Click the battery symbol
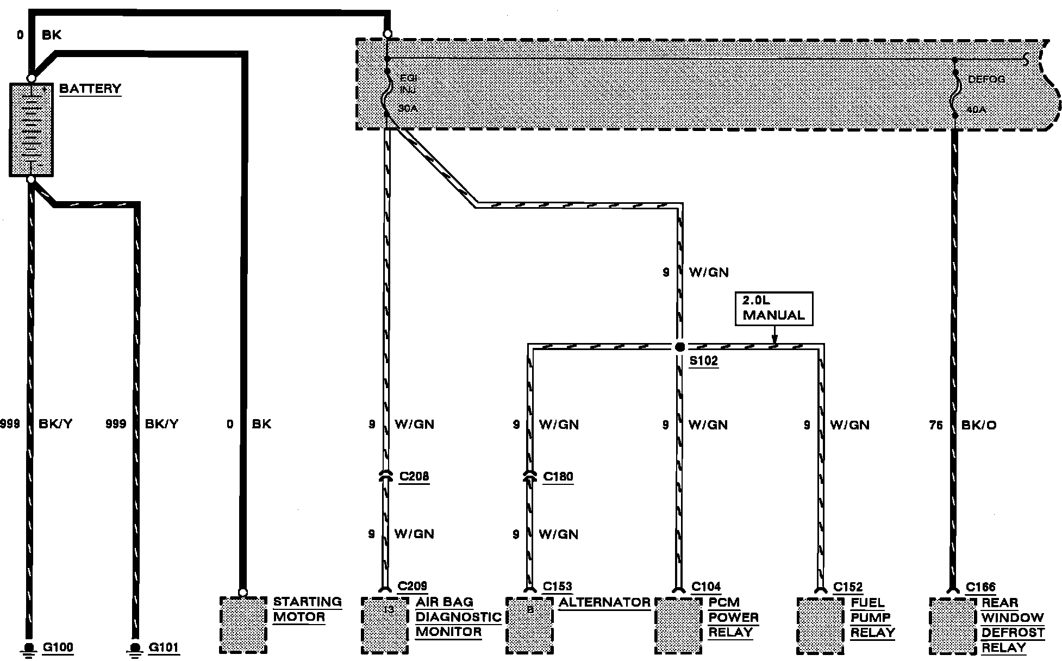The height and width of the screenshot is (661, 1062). pos(31,129)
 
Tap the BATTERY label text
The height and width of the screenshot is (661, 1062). pos(90,89)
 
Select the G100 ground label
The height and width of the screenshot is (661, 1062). pos(58,647)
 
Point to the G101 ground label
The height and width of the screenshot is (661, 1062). pos(164,647)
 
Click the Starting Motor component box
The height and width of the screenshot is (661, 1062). pos(243,625)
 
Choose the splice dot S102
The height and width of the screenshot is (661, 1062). pos(679,347)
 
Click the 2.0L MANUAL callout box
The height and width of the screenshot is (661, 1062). pos(773,308)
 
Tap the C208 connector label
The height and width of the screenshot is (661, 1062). pos(414,477)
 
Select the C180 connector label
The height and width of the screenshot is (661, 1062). pos(558,477)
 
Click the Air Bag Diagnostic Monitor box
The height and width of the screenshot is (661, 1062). pos(384,625)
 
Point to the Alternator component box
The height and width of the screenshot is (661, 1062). pos(529,625)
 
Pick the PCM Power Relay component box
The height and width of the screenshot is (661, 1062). pos(678,625)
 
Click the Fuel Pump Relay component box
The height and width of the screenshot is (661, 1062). pos(820,625)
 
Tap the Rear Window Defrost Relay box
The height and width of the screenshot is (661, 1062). pos(952,625)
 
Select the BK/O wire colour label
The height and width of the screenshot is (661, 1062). pos(979,425)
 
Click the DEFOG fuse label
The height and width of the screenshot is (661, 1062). pos(986,79)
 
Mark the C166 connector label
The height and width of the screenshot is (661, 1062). pos(980,587)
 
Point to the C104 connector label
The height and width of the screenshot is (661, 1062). pos(706,587)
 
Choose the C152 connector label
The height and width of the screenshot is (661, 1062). pos(848,587)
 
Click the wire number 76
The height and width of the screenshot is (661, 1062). pos(935,425)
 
